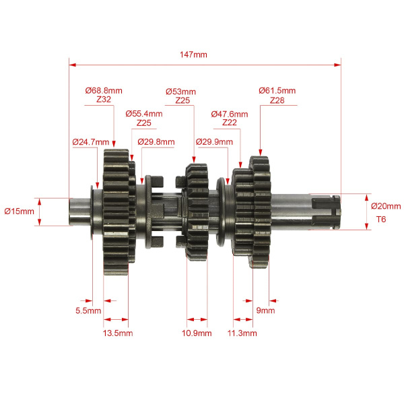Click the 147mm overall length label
tap(193, 55)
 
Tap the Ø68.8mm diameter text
tap(104, 91)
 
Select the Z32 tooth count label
tap(104, 100)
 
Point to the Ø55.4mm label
tap(144, 114)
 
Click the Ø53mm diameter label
tap(180, 92)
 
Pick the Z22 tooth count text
tap(230, 123)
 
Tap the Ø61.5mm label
tap(277, 91)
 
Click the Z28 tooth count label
tap(277, 100)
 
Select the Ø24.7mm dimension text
tap(91, 142)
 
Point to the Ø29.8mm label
tap(156, 141)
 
